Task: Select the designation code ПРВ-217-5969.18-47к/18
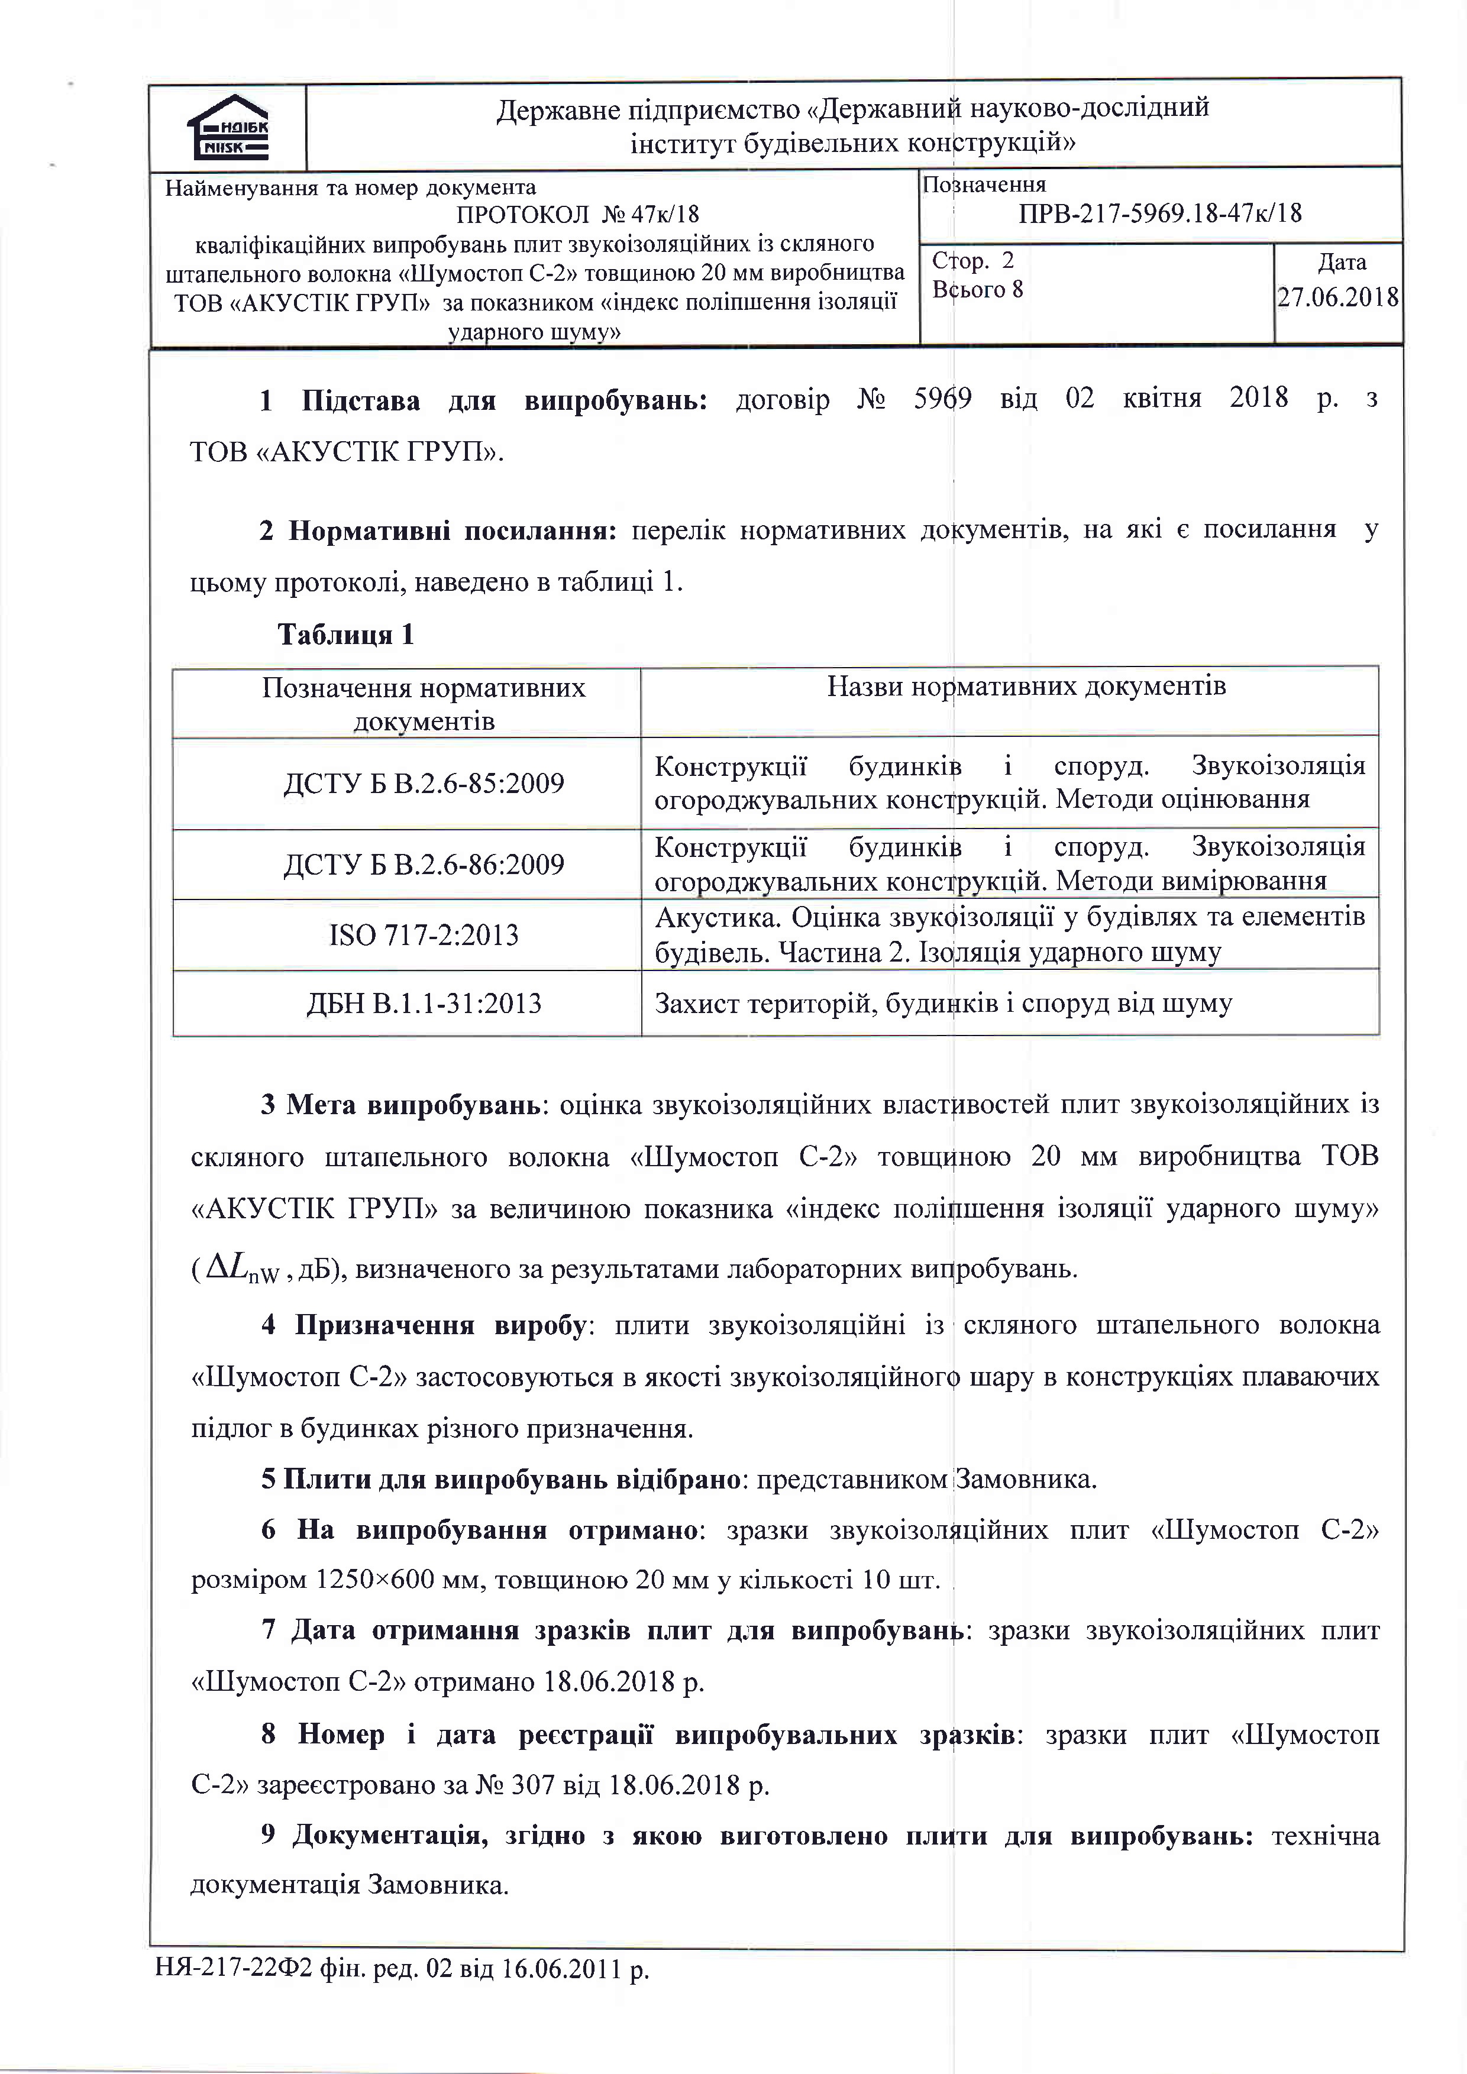pyautogui.click(x=1160, y=213)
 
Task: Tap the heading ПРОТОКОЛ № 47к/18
pyautogui.click(x=577, y=214)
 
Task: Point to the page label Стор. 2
pyautogui.click(x=973, y=261)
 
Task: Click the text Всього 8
pyautogui.click(x=977, y=290)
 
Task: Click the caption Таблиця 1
pyautogui.click(x=345, y=635)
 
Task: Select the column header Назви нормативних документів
pyautogui.click(x=1026, y=687)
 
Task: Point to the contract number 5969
pyautogui.click(x=942, y=399)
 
